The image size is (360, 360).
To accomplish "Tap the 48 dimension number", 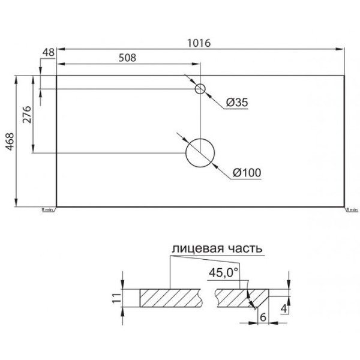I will click(x=49, y=53).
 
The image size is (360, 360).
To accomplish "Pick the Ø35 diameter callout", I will click(x=238, y=103).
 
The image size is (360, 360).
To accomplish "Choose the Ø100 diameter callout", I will click(x=246, y=173).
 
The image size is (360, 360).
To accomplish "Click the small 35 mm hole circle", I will click(x=200, y=89).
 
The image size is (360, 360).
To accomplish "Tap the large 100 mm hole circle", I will click(x=200, y=152).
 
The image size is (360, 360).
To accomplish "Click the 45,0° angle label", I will click(x=223, y=273).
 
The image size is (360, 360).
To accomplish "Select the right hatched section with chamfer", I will click(x=240, y=296).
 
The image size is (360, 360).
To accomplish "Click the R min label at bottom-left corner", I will click(x=48, y=211).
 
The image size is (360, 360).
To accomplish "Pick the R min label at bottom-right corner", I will click(x=352, y=211).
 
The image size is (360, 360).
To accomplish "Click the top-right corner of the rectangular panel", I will click(x=345, y=76).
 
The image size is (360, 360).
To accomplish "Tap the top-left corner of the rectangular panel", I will click(x=56, y=76).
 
